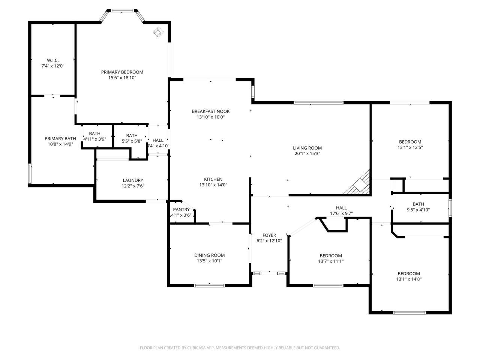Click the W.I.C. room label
[x=52, y=60]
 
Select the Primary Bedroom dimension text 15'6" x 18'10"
[x=122, y=78]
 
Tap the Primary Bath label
[x=60, y=138]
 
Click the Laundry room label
[x=133, y=180]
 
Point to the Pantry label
[x=181, y=210]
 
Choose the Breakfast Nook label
[x=210, y=111]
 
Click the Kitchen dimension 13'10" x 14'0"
[x=213, y=185]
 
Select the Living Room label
[x=307, y=148]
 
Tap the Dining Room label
[x=209, y=255]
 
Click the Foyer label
[x=269, y=235]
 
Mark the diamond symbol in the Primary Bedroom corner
[x=159, y=32]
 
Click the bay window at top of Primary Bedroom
[x=122, y=11]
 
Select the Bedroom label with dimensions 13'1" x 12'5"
[x=410, y=142]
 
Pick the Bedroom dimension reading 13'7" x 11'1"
[x=331, y=261]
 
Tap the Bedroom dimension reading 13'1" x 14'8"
[x=409, y=279]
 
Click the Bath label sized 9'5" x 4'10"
[x=418, y=204]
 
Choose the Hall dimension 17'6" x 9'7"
[x=341, y=213]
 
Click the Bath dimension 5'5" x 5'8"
[x=132, y=141]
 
